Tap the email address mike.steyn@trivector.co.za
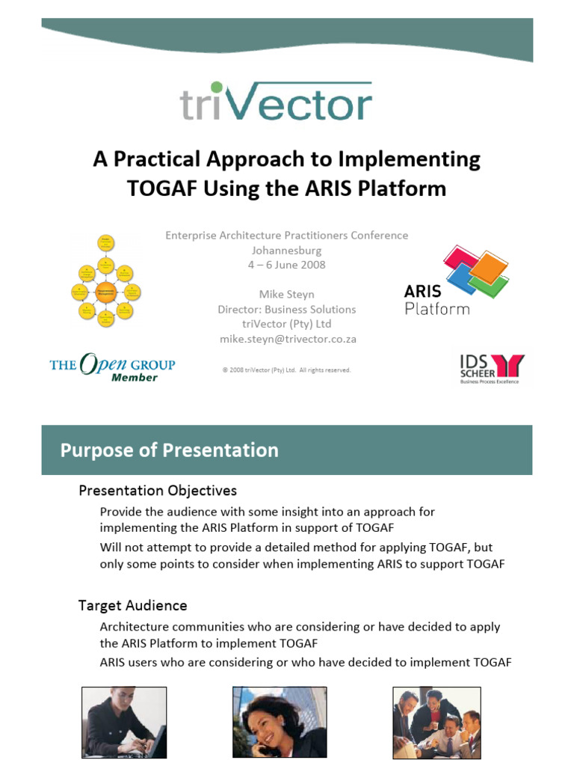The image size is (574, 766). [x=287, y=339]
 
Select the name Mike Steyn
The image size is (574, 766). [x=287, y=294]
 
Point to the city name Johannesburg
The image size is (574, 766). [x=287, y=250]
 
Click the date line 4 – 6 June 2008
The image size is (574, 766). [x=287, y=265]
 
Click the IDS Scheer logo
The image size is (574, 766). [x=491, y=368]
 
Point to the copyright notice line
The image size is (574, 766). [x=287, y=370]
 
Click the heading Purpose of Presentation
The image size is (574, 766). [x=170, y=450]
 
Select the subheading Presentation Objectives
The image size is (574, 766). [x=158, y=491]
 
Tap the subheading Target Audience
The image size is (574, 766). [x=133, y=605]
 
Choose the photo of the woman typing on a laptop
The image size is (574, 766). [x=123, y=723]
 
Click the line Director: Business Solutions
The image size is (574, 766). [x=287, y=309]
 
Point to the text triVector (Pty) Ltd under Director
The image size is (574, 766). [x=287, y=324]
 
